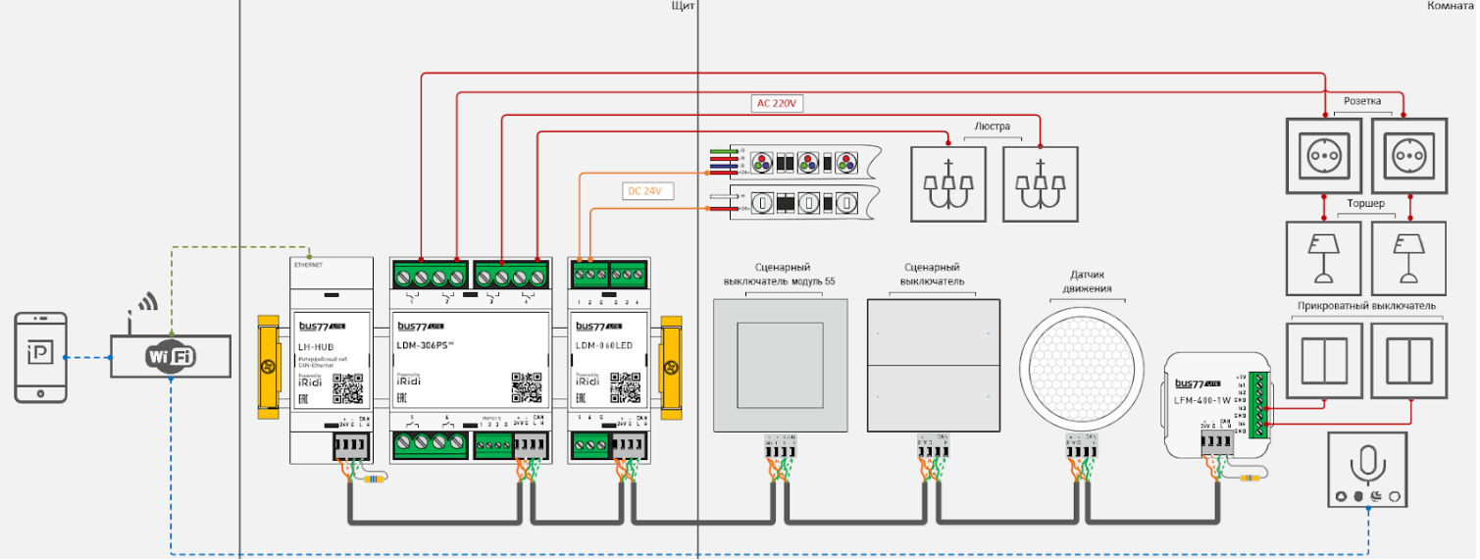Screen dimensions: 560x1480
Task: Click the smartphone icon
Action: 41,357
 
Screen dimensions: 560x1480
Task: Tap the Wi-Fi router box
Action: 171,357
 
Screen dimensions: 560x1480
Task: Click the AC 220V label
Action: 778,103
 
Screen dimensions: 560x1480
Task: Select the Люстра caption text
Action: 993,127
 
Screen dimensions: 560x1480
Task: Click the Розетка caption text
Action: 1362,101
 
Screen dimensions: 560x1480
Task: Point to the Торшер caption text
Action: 1364,204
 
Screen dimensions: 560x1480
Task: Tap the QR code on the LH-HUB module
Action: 347,389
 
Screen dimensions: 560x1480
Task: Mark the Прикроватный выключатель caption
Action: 1366,306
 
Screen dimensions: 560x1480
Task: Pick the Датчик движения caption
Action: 1081,281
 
